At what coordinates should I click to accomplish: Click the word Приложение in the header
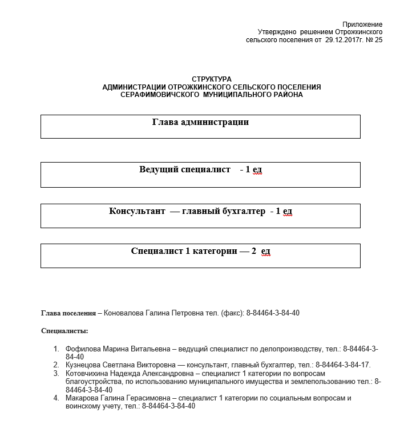(362, 25)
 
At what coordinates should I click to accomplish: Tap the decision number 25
(378, 41)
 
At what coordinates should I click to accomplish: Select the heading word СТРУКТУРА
(212, 79)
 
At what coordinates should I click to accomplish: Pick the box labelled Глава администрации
(200, 126)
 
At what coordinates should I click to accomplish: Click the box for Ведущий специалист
(200, 174)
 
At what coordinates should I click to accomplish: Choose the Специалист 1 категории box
(200, 255)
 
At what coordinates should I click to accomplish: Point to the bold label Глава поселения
(68, 313)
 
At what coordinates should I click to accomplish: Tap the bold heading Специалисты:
(64, 331)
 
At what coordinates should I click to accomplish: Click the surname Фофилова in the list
(82, 349)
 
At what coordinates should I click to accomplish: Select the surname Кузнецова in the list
(84, 365)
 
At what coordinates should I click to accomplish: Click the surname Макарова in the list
(83, 398)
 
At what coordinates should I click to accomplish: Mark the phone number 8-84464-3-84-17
(342, 365)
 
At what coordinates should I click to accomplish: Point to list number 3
(56, 374)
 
